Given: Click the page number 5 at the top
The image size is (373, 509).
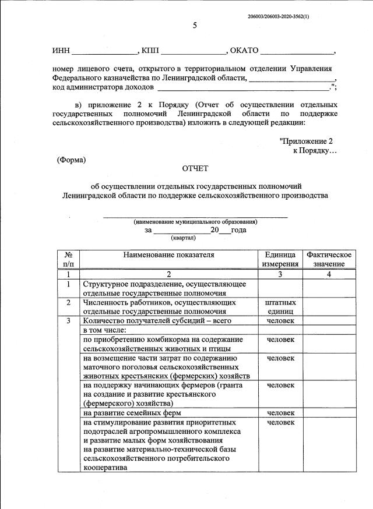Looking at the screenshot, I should click(195, 25).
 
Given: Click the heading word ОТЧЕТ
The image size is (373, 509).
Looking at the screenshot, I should click(195, 169).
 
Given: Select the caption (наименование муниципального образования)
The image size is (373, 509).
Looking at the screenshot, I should click(195, 222).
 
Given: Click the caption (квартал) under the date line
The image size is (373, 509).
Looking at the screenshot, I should click(183, 238).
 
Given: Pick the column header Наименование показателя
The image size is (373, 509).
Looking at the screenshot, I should click(169, 254).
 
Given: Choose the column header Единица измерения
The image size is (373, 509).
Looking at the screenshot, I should click(280, 259).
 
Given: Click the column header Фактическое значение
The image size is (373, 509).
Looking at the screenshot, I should click(329, 259).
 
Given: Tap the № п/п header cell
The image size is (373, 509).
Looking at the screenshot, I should click(68, 259).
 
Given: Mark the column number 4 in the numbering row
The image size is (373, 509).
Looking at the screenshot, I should click(329, 274).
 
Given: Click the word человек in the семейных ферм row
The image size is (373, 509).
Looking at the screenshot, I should click(280, 413).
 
